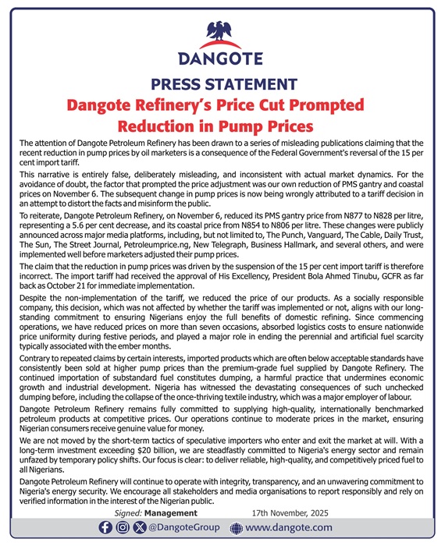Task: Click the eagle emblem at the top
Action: pyautogui.click(x=222, y=33)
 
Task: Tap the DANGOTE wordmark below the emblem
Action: pyautogui.click(x=222, y=60)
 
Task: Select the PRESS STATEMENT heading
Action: pyautogui.click(x=222, y=85)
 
